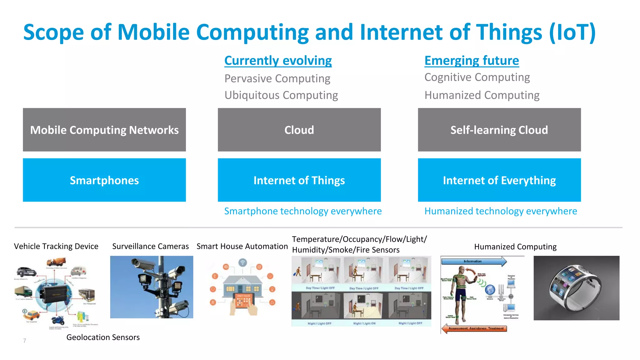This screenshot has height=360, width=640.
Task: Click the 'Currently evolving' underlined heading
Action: click(278, 61)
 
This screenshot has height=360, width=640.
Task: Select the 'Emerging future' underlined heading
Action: click(471, 61)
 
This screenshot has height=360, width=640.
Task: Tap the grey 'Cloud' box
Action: click(299, 130)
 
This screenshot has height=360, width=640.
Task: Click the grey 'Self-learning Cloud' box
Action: click(499, 130)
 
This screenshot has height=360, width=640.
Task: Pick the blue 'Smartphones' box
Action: click(104, 180)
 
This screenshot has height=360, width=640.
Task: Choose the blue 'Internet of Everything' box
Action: click(499, 180)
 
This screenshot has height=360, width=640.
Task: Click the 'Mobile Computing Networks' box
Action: click(104, 130)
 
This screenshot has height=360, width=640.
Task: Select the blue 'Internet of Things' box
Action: click(299, 180)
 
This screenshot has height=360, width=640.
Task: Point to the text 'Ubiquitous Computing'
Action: click(281, 95)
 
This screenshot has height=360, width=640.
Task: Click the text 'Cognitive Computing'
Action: click(477, 77)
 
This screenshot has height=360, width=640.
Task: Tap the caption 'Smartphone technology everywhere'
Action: click(303, 211)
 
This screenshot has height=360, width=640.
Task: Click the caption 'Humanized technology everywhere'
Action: click(500, 211)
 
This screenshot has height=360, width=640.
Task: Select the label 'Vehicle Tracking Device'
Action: click(56, 246)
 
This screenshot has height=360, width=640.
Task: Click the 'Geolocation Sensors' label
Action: click(103, 337)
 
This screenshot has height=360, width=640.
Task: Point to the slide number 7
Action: click(24, 341)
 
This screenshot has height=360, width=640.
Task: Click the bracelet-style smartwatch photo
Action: click(576, 288)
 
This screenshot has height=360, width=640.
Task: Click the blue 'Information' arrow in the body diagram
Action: click(473, 261)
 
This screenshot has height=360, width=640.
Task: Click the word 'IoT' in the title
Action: click(572, 32)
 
